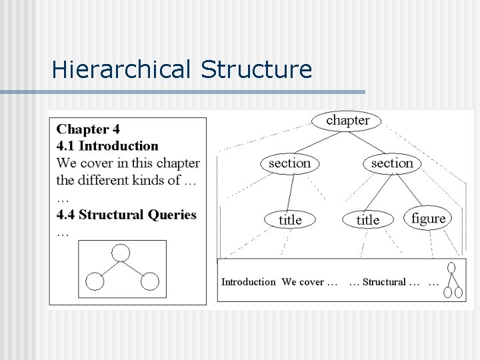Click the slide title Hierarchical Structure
[181, 69]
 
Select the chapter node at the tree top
[347, 120]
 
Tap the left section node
[289, 163]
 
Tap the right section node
[392, 163]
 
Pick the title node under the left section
[290, 219]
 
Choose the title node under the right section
[367, 219]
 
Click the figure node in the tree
[428, 218]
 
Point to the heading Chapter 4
[89, 129]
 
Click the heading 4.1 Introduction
[107, 146]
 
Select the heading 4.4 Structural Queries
[127, 215]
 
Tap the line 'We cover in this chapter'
[128, 163]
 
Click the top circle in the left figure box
[121, 253]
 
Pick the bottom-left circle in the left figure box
[95, 281]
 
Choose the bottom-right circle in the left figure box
[150, 281]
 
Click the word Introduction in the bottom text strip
[248, 282]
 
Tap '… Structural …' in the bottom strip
[385, 282]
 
